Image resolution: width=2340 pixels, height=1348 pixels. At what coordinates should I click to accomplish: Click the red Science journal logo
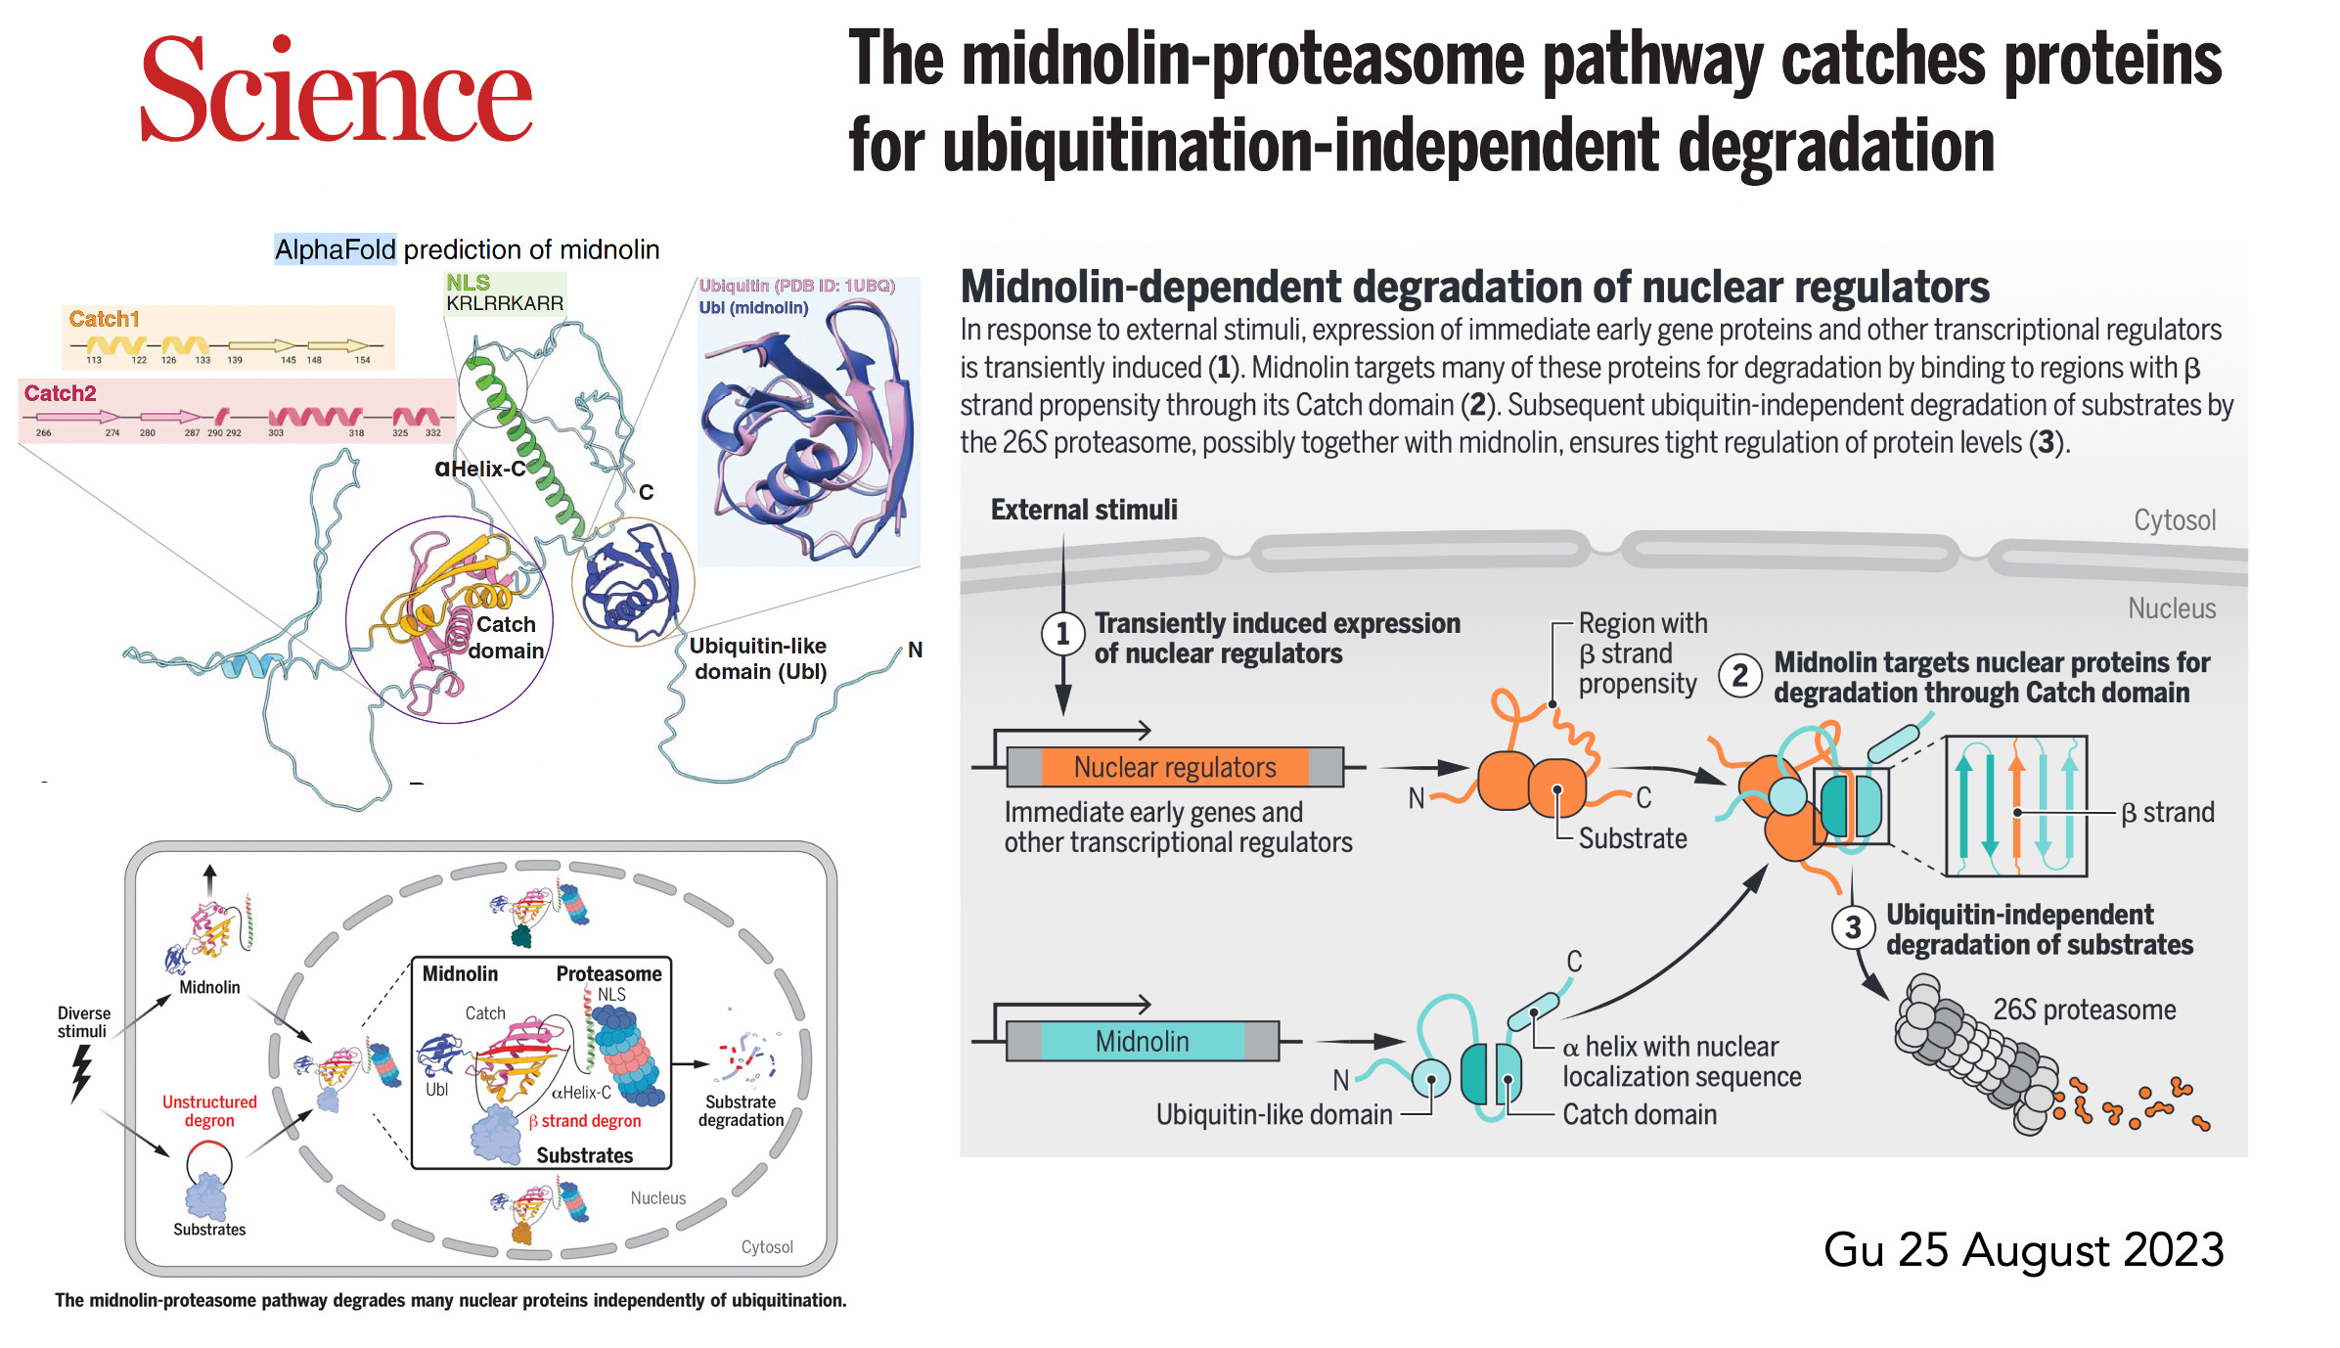point(336,90)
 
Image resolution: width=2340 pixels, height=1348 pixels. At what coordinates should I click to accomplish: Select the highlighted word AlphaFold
point(335,249)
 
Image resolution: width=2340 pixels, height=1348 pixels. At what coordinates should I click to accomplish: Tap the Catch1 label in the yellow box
point(105,319)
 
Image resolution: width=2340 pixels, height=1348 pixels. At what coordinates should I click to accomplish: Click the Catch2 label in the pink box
point(61,393)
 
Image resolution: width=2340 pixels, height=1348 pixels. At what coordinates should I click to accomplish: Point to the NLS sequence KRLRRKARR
point(505,303)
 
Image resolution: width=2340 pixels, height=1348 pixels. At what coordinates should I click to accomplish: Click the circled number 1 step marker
point(1062,634)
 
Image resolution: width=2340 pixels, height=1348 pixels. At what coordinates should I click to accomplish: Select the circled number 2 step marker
point(1740,675)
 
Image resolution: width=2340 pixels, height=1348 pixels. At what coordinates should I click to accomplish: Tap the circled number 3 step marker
point(1853,927)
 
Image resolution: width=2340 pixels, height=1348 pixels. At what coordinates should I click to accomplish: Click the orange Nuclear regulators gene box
point(1175,767)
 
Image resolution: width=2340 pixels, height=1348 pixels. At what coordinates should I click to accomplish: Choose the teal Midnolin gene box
point(1142,1041)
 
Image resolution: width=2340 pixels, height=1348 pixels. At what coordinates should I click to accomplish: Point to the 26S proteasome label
point(2084,1010)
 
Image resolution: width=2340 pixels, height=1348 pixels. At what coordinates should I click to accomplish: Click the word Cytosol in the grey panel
point(2174,520)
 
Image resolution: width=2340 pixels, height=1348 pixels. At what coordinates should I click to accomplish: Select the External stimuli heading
point(1084,510)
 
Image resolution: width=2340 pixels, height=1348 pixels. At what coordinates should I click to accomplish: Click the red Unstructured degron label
point(209,1110)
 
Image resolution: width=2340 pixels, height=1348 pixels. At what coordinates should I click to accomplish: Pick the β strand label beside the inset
point(2167,812)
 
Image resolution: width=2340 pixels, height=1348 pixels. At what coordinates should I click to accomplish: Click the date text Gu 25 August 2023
point(2023,1249)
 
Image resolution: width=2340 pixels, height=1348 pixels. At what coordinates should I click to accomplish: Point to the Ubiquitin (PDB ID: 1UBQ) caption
point(796,286)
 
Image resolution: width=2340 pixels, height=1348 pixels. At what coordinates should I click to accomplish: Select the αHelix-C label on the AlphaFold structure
point(480,469)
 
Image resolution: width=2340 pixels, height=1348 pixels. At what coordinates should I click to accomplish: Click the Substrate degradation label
point(741,1110)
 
